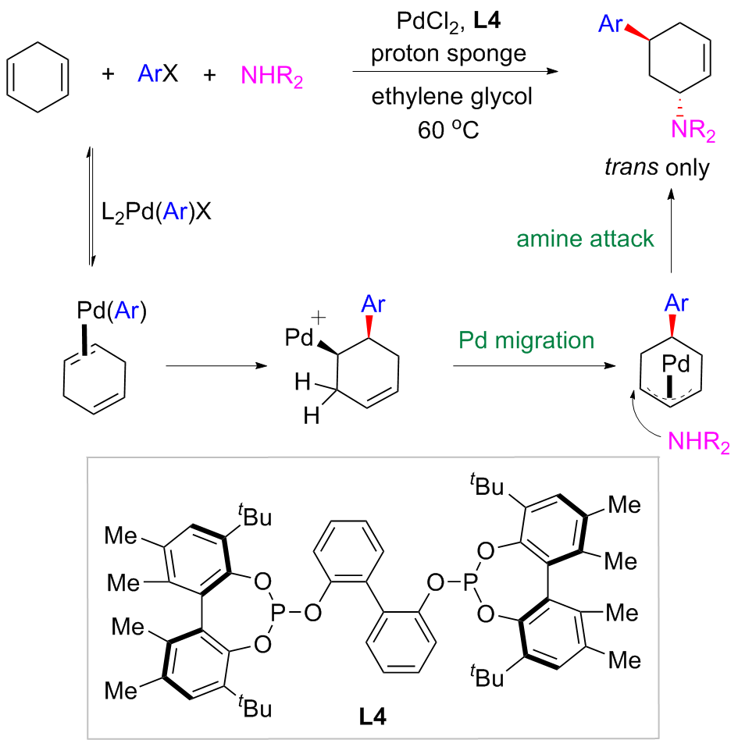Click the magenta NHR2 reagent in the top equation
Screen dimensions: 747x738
click(x=270, y=76)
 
